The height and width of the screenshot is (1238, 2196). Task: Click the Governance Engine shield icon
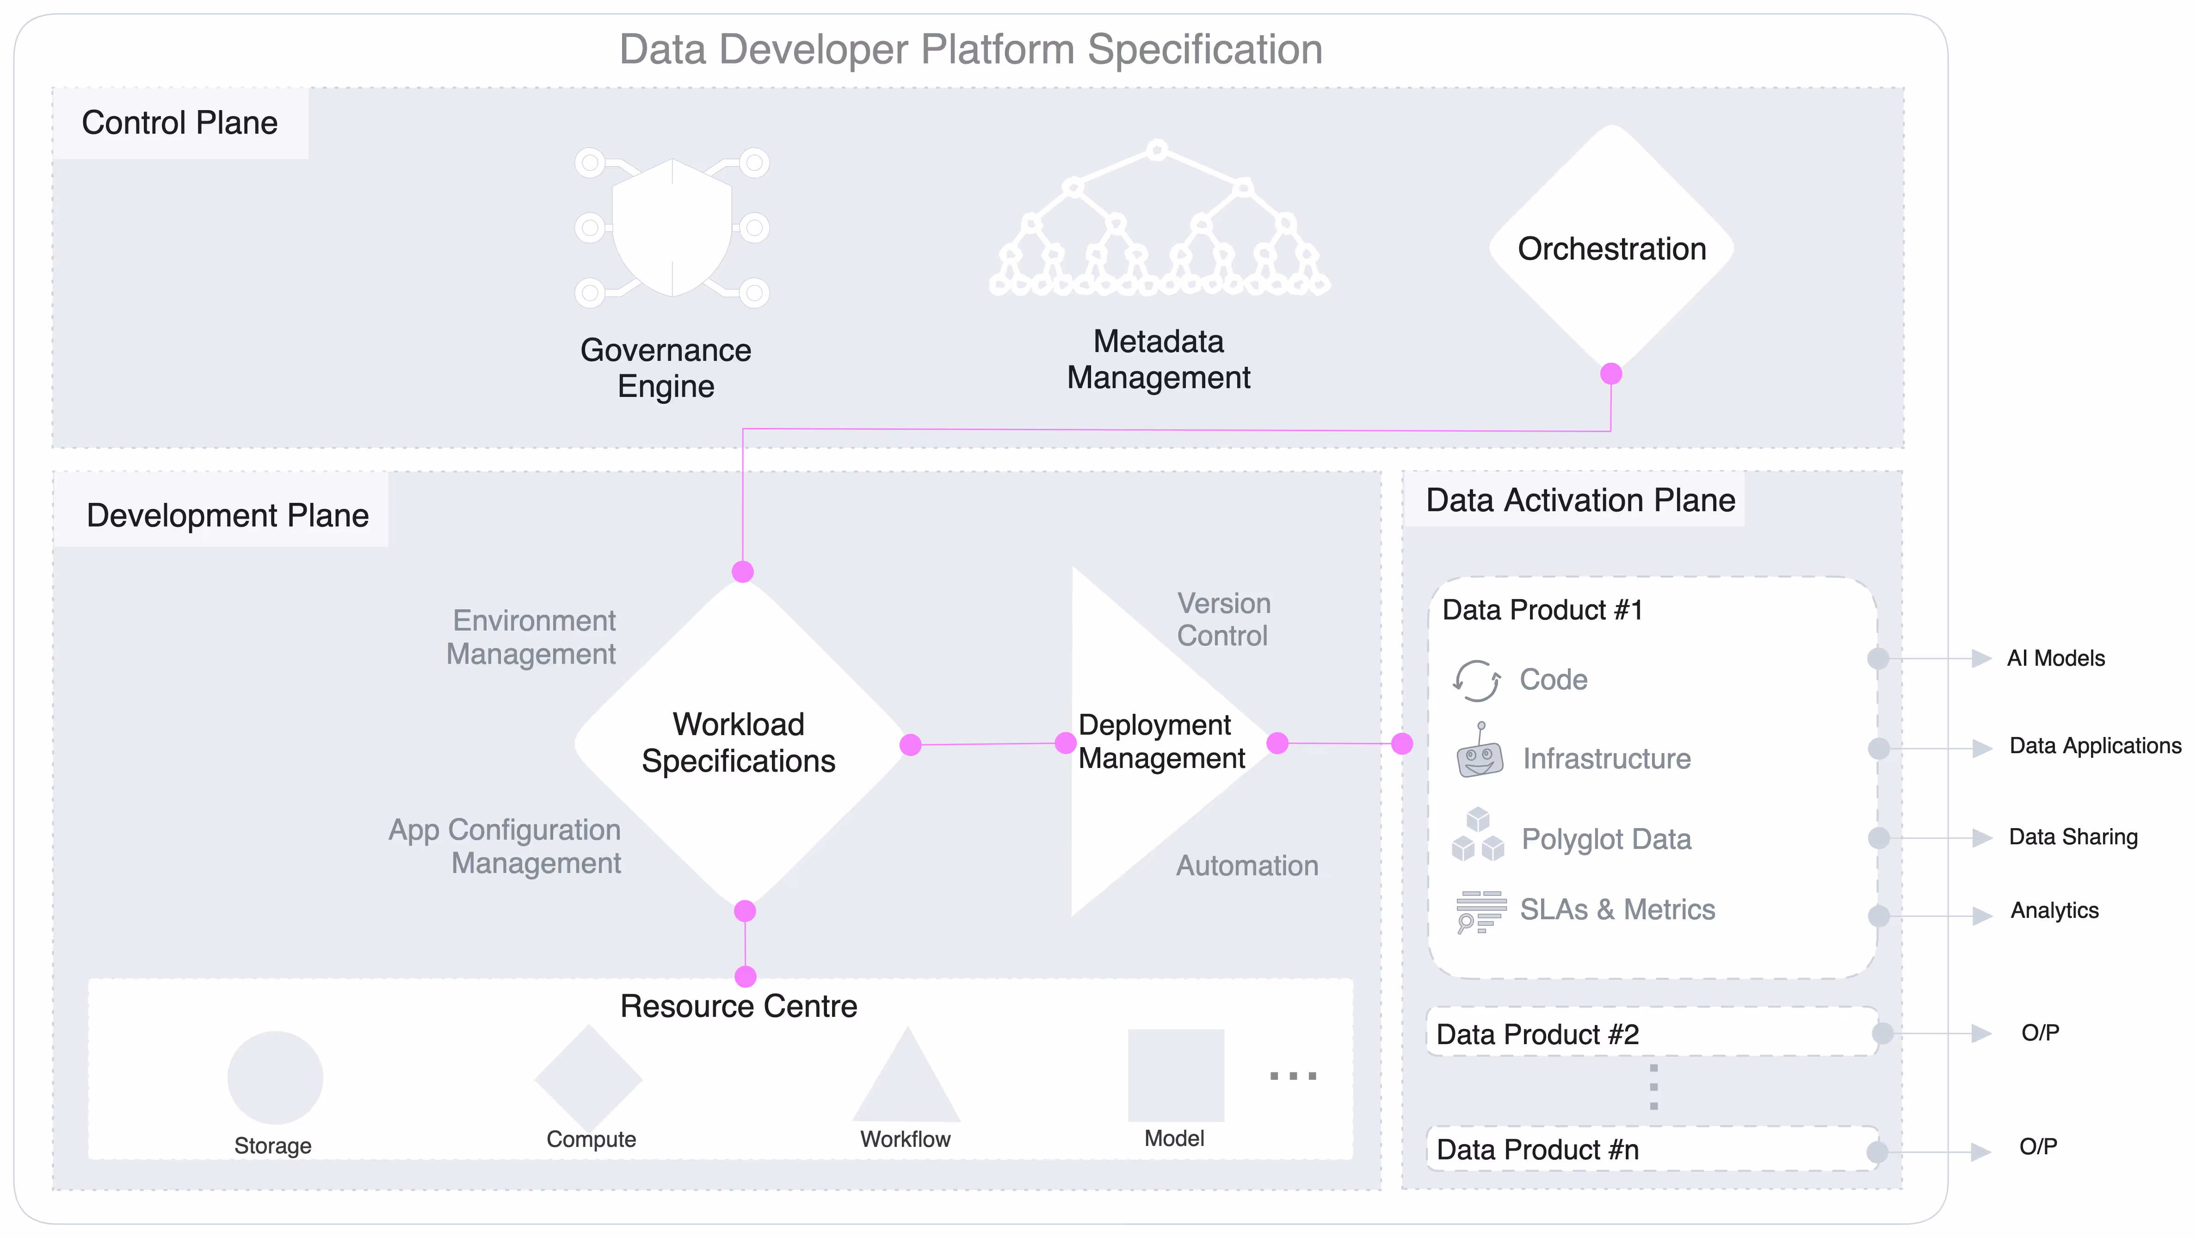(x=672, y=228)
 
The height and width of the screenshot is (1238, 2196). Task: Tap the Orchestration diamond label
(x=1611, y=249)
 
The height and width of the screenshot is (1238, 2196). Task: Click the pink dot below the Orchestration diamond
(x=1610, y=373)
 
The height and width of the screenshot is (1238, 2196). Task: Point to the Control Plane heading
(x=180, y=123)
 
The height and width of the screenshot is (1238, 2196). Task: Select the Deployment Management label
(x=1161, y=742)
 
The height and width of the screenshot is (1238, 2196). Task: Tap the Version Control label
(x=1223, y=620)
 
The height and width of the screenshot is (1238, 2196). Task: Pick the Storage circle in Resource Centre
(x=275, y=1078)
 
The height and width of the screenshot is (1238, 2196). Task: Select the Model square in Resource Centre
(x=1176, y=1076)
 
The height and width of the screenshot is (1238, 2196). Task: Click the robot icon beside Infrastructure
(x=1479, y=753)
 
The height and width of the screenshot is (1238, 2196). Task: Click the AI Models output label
(x=2055, y=658)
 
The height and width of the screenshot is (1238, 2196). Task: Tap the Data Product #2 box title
(x=1537, y=1034)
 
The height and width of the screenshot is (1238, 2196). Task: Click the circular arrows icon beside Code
(x=1476, y=681)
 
